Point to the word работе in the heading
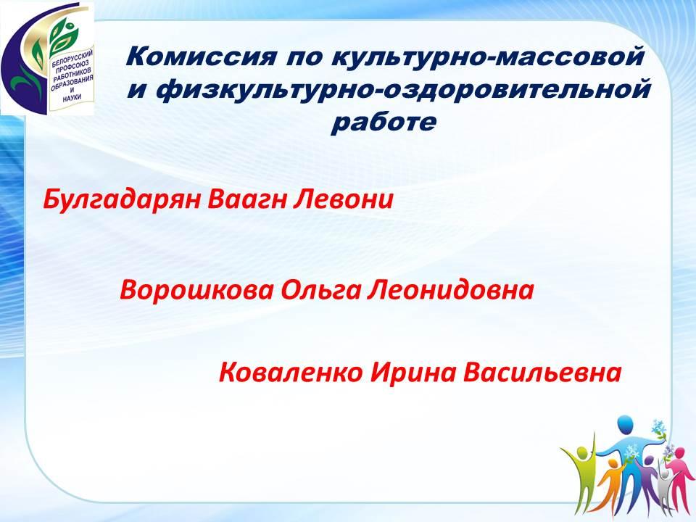[384, 122]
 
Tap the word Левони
[343, 200]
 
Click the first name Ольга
[321, 291]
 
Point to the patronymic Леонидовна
[450, 291]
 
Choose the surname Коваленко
[291, 373]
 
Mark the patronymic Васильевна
[542, 373]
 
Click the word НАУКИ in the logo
[72, 98]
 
